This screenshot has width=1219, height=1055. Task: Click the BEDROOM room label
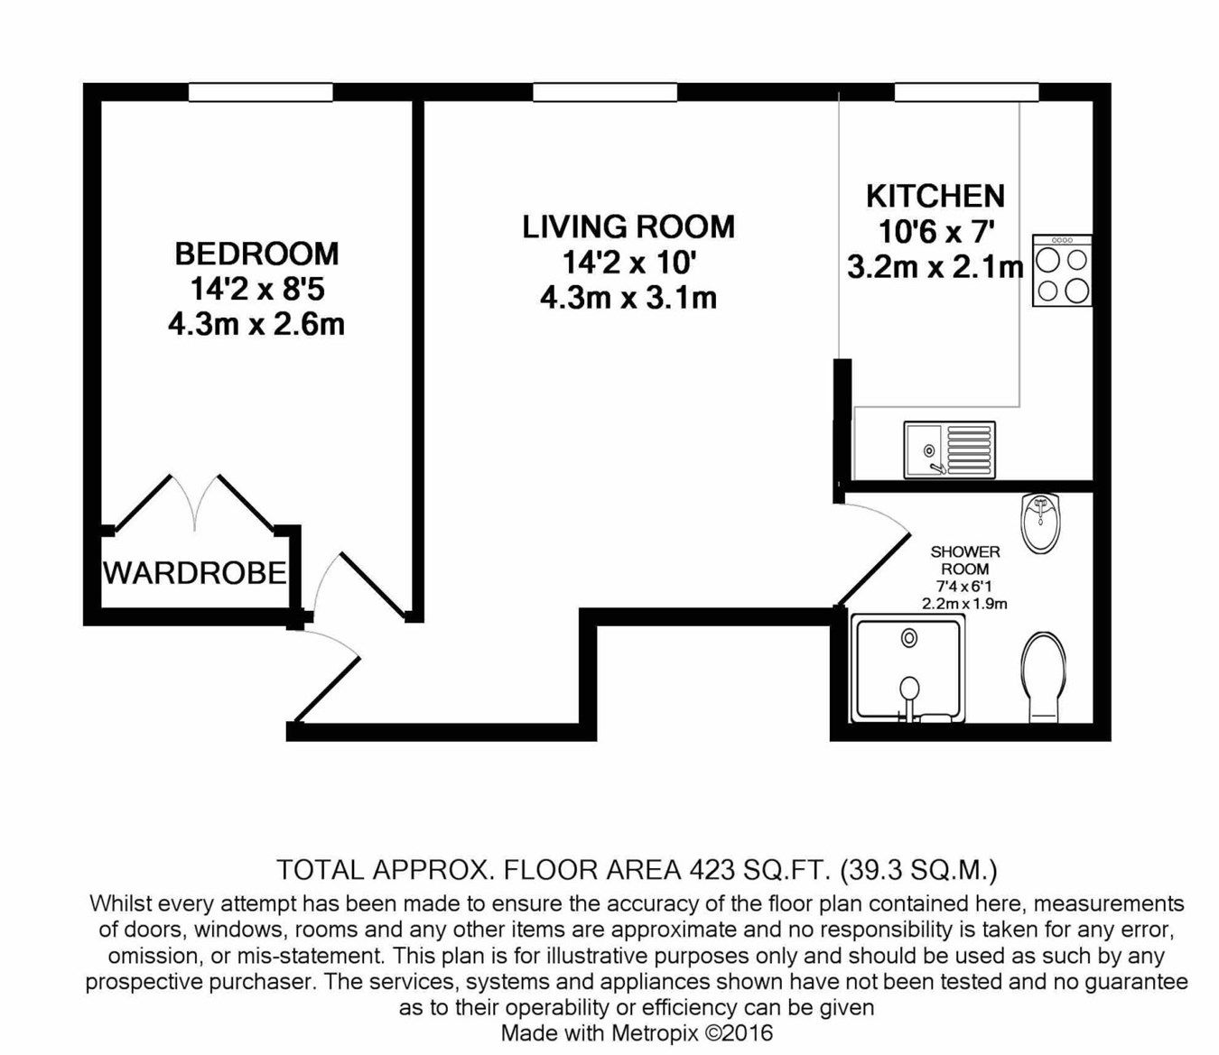pos(256,254)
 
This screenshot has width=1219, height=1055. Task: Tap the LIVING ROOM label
pos(628,227)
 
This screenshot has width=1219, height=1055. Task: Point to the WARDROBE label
pos(195,572)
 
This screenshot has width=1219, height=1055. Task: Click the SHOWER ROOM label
pos(964,560)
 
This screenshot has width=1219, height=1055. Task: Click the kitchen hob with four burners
pos(1062,271)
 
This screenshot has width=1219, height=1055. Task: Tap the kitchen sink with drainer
pos(949,449)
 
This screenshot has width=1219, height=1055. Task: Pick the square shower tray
pos(908,670)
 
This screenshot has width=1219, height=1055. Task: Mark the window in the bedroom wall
pos(261,92)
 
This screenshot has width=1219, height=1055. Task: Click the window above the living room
pos(604,92)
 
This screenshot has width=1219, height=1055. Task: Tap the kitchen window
pos(965,92)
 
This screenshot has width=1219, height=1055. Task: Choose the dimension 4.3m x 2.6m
pos(256,323)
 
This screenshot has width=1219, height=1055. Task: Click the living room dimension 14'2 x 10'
pos(628,263)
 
